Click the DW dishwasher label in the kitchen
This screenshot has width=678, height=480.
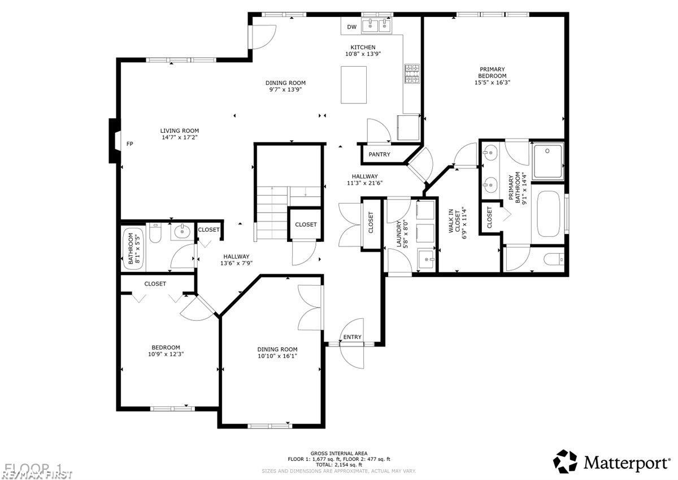[x=351, y=27]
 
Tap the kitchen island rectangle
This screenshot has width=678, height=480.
[x=353, y=84]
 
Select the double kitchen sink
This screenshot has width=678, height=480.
[x=377, y=25]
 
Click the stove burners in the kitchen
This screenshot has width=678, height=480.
[x=412, y=73]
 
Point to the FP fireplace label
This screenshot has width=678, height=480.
[x=129, y=144]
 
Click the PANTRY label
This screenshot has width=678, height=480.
[x=380, y=154]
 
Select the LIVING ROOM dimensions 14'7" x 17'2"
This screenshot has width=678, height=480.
[x=179, y=137]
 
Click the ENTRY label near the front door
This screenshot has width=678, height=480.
[x=352, y=337]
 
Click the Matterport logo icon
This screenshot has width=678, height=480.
[x=564, y=461]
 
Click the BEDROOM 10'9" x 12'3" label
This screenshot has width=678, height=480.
[x=166, y=351]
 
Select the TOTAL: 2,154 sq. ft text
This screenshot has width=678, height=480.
[x=337, y=464]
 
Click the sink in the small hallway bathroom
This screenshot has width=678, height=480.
[x=181, y=232]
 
